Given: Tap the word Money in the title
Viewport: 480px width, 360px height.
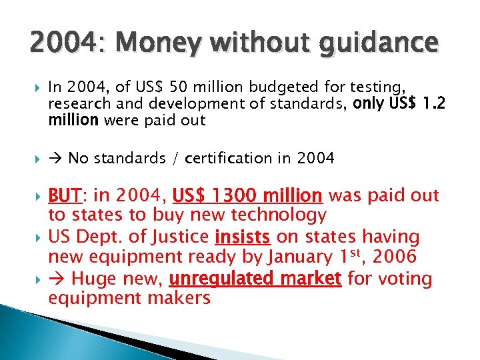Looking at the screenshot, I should tap(141, 43).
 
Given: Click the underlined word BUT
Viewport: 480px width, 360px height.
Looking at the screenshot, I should tap(65, 195).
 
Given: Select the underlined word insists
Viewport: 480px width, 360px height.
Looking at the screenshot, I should tap(242, 237).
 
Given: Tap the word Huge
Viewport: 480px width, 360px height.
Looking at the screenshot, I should tap(89, 277).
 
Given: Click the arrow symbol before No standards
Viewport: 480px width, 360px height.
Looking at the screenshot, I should tap(56, 158).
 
